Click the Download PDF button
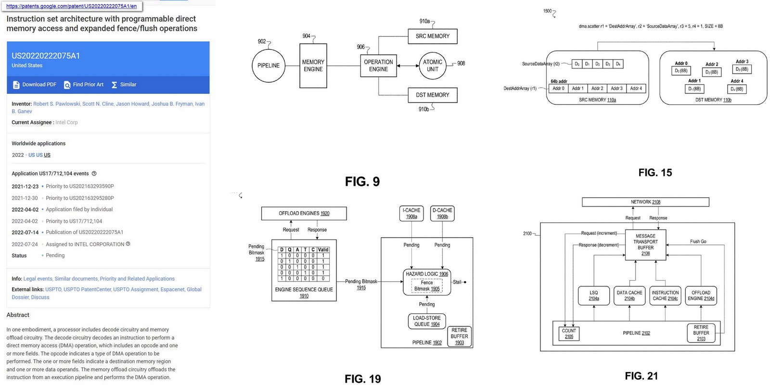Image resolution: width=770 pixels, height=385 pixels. pyautogui.click(x=35, y=85)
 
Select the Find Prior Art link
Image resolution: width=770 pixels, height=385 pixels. pyautogui.click(x=84, y=85)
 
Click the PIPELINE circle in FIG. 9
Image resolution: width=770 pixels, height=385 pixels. pyautogui.click(x=268, y=65)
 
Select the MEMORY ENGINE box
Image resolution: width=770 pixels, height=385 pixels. pyautogui.click(x=313, y=65)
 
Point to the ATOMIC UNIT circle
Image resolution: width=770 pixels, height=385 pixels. pyautogui.click(x=432, y=65)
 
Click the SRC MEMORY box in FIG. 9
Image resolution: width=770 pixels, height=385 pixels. pyautogui.click(x=432, y=36)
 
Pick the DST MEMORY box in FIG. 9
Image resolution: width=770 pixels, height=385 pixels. pyautogui.click(x=432, y=95)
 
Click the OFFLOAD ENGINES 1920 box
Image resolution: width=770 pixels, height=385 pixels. pyautogui.click(x=304, y=213)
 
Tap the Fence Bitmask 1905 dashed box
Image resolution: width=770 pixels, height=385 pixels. pyautogui.click(x=426, y=286)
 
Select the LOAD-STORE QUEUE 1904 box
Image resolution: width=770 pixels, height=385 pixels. pyautogui.click(x=426, y=321)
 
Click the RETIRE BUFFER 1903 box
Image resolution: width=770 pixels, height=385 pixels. pyautogui.click(x=459, y=336)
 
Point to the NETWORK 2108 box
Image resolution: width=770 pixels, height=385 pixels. pyautogui.click(x=645, y=202)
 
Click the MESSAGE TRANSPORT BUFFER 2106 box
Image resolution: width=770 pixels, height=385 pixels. pyautogui.click(x=645, y=244)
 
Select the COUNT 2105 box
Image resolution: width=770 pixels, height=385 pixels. pyautogui.click(x=568, y=334)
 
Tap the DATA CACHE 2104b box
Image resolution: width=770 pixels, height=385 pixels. pyautogui.click(x=629, y=295)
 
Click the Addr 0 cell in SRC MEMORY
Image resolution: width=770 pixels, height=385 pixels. pyautogui.click(x=558, y=89)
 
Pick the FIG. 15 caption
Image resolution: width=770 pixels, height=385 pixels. pyautogui.click(x=655, y=173)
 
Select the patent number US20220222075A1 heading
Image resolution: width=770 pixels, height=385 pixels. pyautogui.click(x=46, y=56)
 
